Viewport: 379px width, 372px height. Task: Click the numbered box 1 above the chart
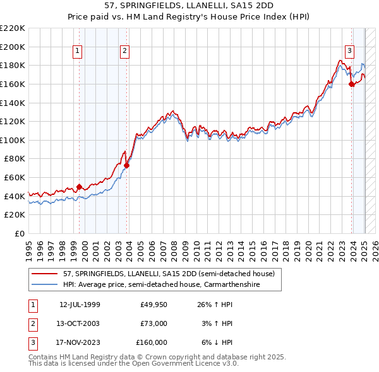click(x=77, y=52)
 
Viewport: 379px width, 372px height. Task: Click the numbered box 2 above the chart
click(x=125, y=52)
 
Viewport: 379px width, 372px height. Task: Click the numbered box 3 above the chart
click(x=349, y=52)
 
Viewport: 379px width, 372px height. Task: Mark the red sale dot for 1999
click(x=79, y=187)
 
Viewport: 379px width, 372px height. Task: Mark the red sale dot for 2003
click(x=127, y=166)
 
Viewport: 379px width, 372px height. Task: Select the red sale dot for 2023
click(x=352, y=84)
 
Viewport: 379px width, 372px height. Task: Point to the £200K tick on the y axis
click(x=13, y=47)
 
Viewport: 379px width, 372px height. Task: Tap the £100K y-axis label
click(x=13, y=140)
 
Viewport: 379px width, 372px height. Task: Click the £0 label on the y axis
click(x=20, y=234)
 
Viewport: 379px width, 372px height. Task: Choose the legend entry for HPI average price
click(x=171, y=285)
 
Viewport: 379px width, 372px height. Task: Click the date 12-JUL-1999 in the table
click(x=80, y=305)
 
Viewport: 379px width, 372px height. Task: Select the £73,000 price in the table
click(x=153, y=323)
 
